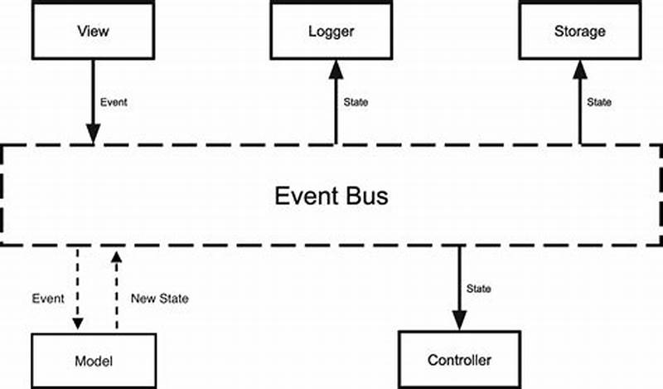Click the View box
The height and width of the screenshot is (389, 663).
(x=93, y=32)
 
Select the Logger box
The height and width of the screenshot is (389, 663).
(x=331, y=32)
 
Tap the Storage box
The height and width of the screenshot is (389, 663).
(x=579, y=32)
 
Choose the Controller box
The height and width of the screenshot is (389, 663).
(x=459, y=360)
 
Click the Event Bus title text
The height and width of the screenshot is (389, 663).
(x=331, y=197)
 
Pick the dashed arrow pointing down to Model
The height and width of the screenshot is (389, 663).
(x=77, y=286)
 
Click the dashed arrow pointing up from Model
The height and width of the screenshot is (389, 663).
(x=116, y=290)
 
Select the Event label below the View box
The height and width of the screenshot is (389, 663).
(x=114, y=103)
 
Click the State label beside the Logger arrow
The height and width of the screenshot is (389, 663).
(x=356, y=103)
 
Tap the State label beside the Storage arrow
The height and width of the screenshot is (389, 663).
(x=599, y=103)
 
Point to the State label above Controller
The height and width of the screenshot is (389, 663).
(x=479, y=289)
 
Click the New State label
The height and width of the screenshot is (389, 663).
(x=160, y=299)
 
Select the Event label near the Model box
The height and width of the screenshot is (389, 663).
(x=47, y=299)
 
